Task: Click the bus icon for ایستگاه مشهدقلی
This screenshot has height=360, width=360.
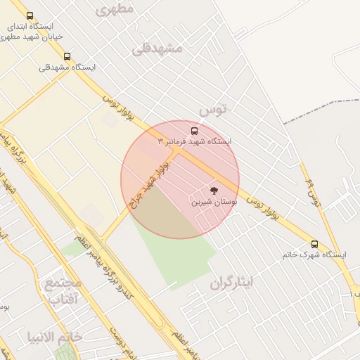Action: coord(67,56)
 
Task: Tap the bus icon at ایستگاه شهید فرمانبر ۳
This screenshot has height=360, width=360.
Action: coord(194,131)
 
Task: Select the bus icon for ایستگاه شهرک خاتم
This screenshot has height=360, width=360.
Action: coord(314,244)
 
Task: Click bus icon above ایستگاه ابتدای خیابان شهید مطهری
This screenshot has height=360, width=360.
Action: coord(30,15)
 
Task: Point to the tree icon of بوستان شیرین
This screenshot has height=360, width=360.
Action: coord(214,191)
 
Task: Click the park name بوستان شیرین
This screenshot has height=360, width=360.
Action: coord(214,202)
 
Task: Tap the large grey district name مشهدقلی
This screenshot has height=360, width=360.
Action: coord(157,48)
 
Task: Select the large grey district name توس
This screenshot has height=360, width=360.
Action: coord(213,110)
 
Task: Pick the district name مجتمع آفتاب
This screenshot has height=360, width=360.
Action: coord(63,292)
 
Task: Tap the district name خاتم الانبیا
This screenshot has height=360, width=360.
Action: coord(55,337)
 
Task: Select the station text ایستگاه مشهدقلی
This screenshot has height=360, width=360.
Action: coord(67,67)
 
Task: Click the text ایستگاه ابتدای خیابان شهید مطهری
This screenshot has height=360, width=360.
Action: coord(35,32)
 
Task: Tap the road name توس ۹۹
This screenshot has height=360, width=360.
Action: coord(313,194)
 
